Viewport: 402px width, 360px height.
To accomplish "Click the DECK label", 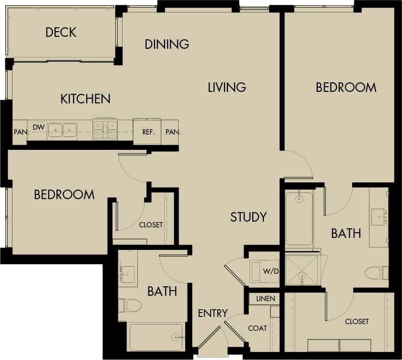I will [61, 33].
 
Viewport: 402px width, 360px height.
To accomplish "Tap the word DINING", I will [167, 45].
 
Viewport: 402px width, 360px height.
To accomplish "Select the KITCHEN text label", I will [85, 99].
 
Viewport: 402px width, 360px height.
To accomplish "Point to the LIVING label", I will [227, 87].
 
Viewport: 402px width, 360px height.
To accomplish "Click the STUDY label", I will [248, 217].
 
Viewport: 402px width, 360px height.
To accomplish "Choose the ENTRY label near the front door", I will [212, 314].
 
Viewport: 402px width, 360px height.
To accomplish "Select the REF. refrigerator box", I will [147, 132].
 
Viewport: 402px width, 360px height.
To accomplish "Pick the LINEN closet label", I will [265, 299].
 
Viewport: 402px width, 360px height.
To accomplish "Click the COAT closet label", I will [257, 328].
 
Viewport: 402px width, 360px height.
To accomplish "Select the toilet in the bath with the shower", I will [376, 273].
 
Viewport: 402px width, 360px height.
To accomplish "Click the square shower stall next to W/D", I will [301, 270].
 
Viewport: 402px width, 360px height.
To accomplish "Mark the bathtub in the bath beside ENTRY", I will [156, 337].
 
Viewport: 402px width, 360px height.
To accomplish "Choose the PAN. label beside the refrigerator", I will [173, 132].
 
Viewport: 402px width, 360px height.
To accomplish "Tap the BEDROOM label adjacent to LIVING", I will [346, 87].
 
